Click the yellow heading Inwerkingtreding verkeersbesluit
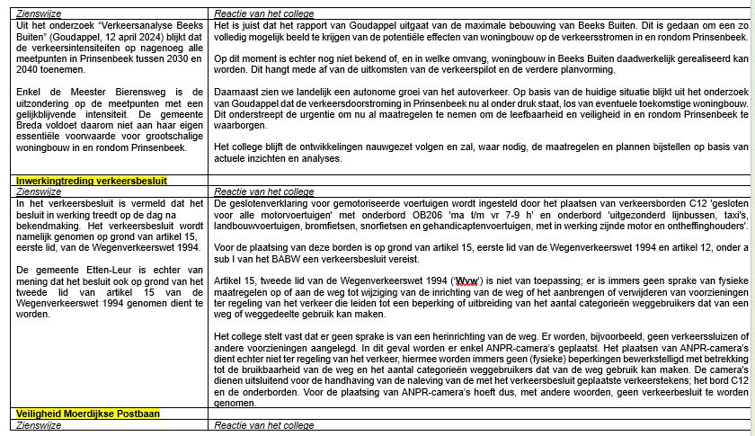tap(91, 181)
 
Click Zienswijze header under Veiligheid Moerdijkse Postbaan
tap(39, 425)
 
